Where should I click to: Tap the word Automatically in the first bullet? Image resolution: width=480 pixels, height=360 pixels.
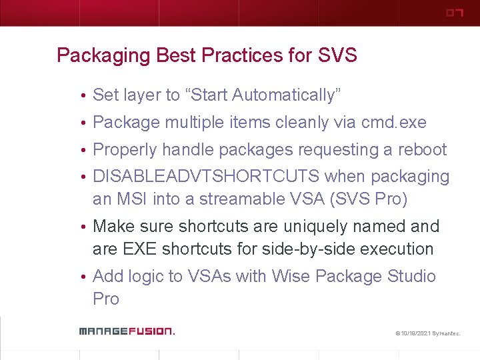click(286, 95)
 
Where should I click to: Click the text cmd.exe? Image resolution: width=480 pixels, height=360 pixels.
click(393, 123)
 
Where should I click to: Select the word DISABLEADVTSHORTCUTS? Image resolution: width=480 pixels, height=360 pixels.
click(207, 177)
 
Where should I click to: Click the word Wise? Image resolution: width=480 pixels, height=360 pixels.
click(291, 277)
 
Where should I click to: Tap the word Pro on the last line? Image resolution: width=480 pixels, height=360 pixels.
click(106, 299)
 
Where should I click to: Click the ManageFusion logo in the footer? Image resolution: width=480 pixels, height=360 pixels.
click(126, 331)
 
